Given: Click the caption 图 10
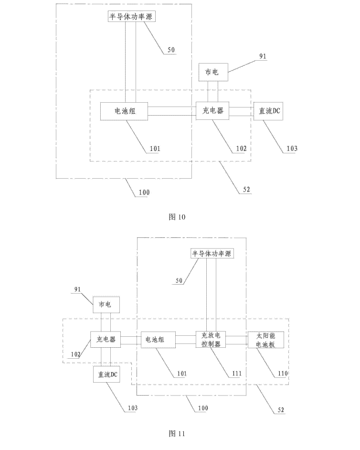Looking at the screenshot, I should tap(177, 217).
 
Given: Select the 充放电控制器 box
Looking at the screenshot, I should tap(210, 340).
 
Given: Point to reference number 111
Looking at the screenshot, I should tap(237, 373).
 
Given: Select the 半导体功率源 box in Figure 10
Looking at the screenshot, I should tap(131, 16).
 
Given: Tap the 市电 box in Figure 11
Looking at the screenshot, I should tap(106, 304).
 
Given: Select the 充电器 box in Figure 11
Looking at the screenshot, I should tap(106, 340).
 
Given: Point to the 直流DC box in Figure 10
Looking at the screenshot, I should tap(269, 111).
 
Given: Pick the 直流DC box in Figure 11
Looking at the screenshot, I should tap(106, 375).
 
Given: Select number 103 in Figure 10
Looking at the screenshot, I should tap(291, 149).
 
